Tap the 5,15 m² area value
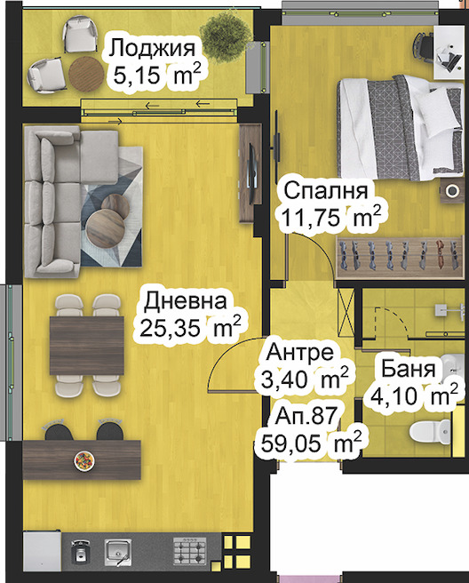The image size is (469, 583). pyautogui.click(x=155, y=76)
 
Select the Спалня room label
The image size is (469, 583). pyautogui.click(x=326, y=189)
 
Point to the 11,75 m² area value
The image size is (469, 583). pyautogui.click(x=331, y=216)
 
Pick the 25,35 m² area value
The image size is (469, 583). pyautogui.click(x=191, y=328)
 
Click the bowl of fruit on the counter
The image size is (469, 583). pyautogui.click(x=83, y=460)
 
